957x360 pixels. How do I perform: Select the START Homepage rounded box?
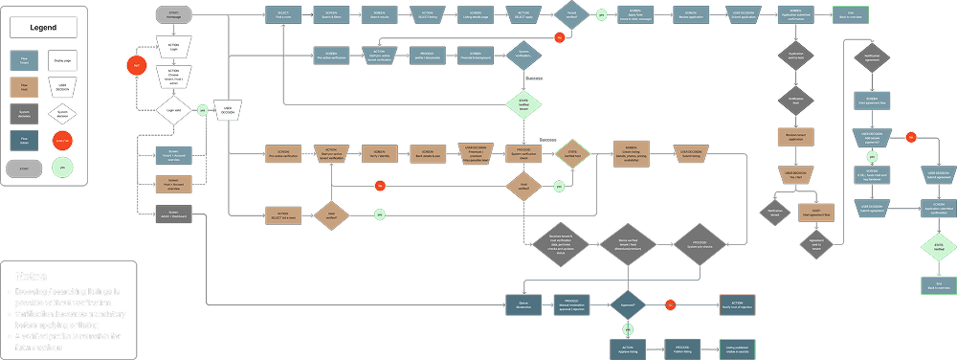click(174, 15)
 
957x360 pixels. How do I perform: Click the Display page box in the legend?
click(63, 62)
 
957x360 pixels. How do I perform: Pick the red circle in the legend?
click(63, 141)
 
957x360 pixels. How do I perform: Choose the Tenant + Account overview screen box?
click(174, 153)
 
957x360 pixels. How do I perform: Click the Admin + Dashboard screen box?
click(174, 214)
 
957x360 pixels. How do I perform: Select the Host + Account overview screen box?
click(174, 183)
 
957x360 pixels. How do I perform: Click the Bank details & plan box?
click(427, 153)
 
